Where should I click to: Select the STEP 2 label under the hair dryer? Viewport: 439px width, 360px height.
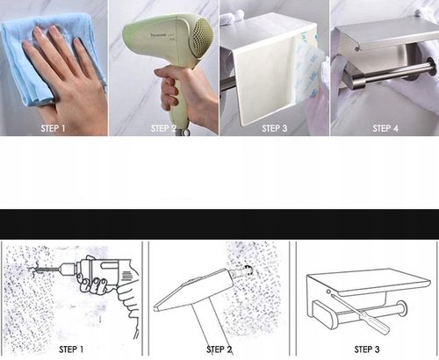coord(163,128)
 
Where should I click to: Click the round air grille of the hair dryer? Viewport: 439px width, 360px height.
coord(201,34)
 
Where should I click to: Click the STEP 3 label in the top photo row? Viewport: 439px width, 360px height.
coord(274,128)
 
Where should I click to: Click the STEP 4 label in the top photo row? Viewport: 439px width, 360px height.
coord(385,128)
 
